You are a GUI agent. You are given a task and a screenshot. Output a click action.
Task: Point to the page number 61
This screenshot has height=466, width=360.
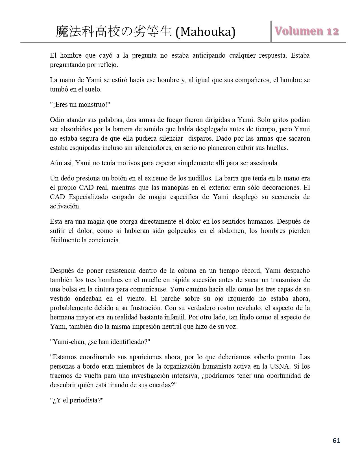pos(336,441)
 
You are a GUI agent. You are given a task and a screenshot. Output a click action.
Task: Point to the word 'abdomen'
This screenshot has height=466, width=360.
pos(231,231)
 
